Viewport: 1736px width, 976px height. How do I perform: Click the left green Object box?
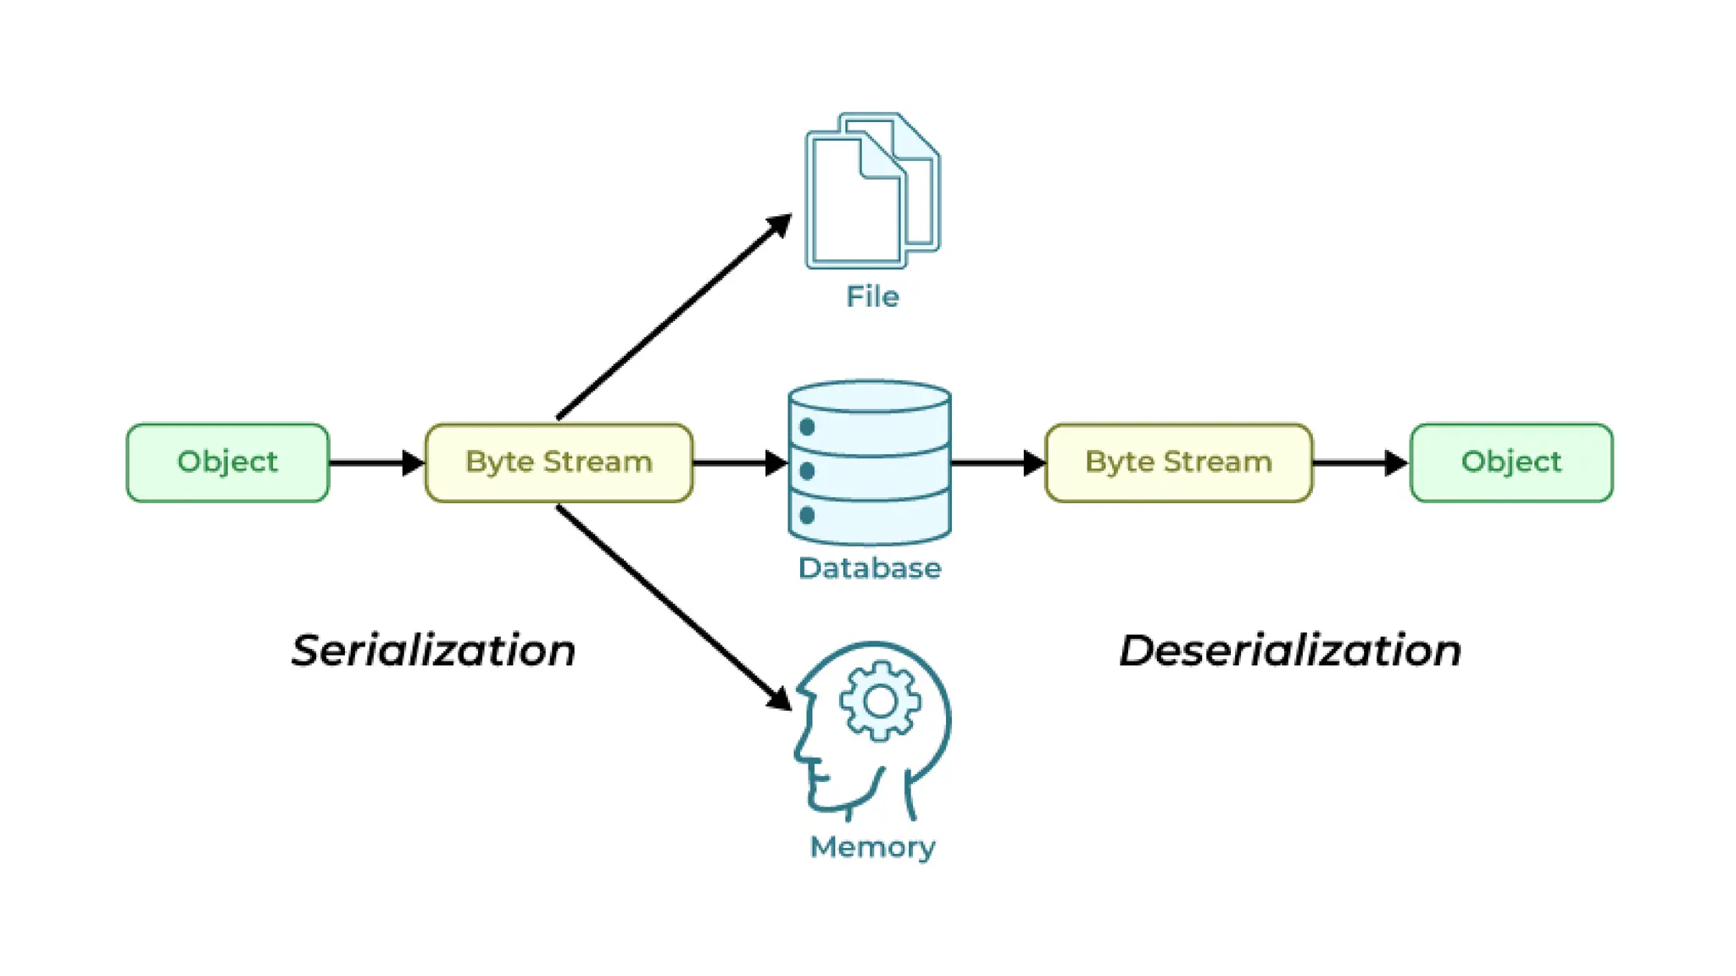tap(227, 463)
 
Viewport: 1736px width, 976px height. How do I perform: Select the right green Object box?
tap(1511, 463)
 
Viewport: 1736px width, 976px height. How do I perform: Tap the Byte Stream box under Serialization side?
tap(559, 463)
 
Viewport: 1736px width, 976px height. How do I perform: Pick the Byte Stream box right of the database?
tap(1179, 463)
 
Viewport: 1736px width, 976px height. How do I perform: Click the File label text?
tap(872, 297)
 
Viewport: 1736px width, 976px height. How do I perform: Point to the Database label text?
tap(870, 568)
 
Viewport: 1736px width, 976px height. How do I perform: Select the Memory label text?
tap(872, 847)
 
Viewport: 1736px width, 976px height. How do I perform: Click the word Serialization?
tap(433, 651)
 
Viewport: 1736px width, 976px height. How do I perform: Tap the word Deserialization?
tap(1290, 651)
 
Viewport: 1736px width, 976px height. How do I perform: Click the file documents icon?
tap(872, 191)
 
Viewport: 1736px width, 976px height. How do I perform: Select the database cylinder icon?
tap(870, 463)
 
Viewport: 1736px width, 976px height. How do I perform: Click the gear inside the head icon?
tap(880, 701)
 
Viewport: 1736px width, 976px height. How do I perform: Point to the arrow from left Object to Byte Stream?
tap(377, 463)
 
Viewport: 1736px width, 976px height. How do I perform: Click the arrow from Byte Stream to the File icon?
tap(674, 316)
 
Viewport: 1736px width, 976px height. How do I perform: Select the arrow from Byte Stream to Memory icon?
tap(674, 607)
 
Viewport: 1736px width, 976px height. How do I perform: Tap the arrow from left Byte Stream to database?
tap(740, 463)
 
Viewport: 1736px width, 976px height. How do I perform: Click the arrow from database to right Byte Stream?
tap(999, 463)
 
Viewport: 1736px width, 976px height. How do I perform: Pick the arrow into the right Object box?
tap(1361, 463)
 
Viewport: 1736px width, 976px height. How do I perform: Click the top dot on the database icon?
tap(807, 427)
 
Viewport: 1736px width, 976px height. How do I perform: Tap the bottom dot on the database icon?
tap(807, 515)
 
